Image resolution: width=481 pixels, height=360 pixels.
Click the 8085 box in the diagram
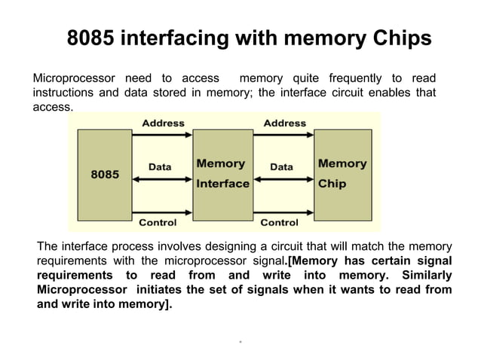pos(105,174)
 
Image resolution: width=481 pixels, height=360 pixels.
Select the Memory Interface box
pos(222,174)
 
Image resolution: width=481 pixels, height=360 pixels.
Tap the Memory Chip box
pos(342,174)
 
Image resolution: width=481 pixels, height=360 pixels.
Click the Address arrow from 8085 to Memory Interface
pos(163,136)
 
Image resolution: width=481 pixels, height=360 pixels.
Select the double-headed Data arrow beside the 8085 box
pos(163,178)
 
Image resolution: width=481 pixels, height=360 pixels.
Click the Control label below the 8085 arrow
pos(158,222)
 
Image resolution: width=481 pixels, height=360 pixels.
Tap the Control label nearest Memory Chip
pos(279,222)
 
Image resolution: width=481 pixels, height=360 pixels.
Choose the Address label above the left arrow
pos(163,123)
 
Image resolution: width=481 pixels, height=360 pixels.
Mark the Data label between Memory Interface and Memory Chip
pos(281,166)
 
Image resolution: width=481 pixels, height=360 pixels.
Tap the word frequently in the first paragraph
pos(354,78)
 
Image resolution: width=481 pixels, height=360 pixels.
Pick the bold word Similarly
pos(421,275)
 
